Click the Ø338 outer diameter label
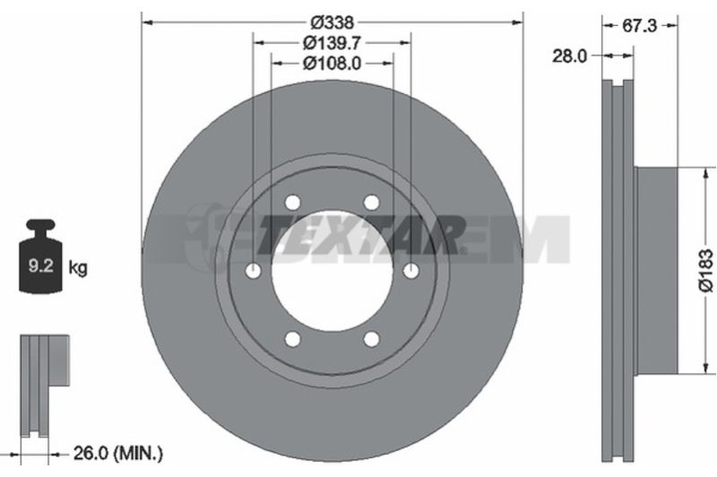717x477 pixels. (333, 22)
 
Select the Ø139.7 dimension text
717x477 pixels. (333, 43)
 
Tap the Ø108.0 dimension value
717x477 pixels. (333, 64)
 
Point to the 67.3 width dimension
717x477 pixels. (640, 26)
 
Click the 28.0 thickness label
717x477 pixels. (570, 56)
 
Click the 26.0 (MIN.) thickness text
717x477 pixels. (118, 454)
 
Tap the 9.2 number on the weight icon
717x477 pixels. (41, 265)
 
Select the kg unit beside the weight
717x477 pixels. (78, 267)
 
